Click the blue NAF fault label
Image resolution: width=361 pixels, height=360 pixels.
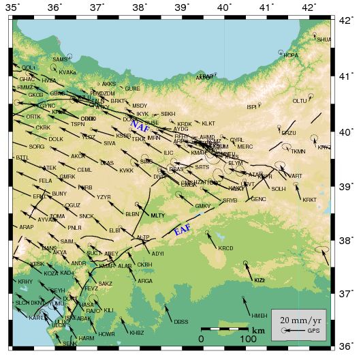141,127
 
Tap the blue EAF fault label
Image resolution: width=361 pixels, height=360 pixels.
183,230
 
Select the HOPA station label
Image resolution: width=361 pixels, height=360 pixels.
290,55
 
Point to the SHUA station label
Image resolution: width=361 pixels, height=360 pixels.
324,40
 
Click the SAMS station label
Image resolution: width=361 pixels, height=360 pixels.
60,59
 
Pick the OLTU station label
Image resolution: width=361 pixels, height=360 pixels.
300,101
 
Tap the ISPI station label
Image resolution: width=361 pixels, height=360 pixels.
251,106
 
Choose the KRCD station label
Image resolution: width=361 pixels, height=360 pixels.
225,248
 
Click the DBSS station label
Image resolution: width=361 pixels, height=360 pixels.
180,322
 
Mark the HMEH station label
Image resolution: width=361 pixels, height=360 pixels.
259,316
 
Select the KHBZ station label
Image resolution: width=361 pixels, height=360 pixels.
137,333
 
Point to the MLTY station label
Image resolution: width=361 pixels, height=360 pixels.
158,215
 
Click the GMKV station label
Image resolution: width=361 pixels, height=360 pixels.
203,206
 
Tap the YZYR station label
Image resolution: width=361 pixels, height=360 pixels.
104,197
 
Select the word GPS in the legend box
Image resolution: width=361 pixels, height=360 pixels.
313,331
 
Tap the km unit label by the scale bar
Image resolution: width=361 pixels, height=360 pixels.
258,331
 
